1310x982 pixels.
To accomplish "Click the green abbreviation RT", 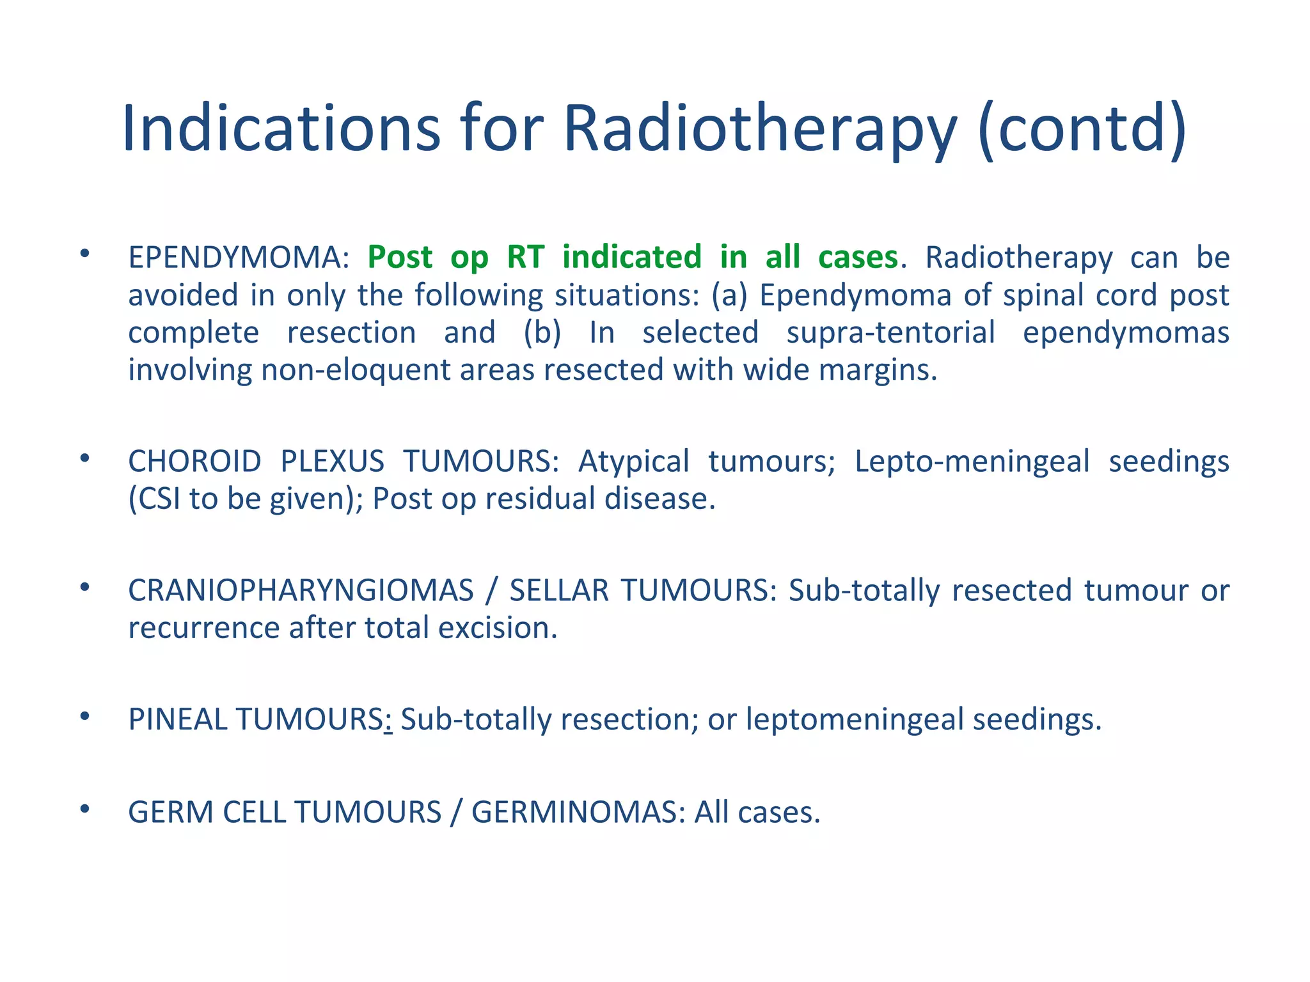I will point(525,257).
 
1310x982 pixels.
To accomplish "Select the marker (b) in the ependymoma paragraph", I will point(542,333).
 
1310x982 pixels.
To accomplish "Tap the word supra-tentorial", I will point(890,333).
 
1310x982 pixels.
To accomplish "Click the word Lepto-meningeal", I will point(972,462).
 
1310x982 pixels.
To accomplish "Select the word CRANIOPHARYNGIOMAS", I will point(301,591).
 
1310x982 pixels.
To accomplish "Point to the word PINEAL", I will point(177,720).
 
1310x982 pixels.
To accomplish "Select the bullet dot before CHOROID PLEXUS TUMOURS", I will point(84,458).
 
